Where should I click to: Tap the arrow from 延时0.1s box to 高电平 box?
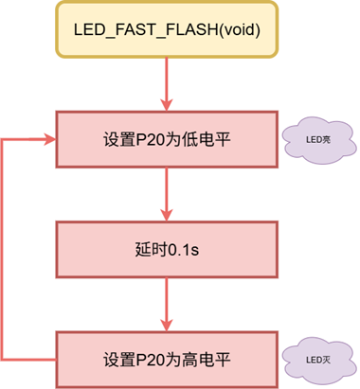pos(167,305)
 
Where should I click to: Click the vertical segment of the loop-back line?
pos(5,250)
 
